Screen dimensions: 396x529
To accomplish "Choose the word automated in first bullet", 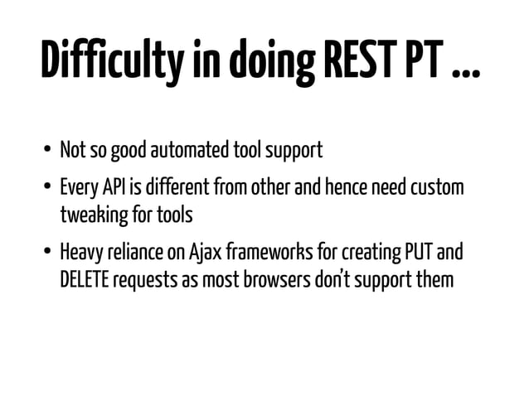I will coord(183,152).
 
